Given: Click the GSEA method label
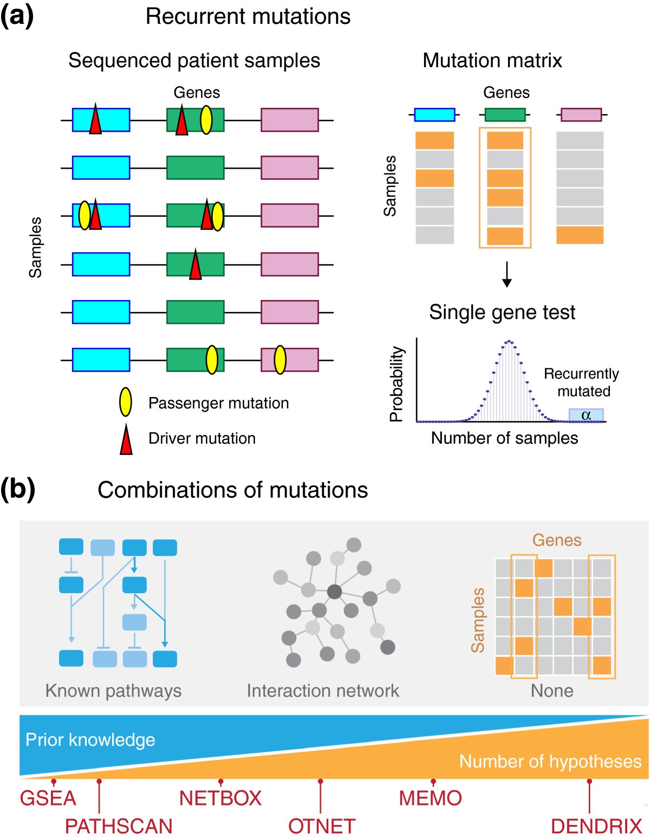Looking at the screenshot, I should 48,798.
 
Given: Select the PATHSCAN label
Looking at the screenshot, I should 119,826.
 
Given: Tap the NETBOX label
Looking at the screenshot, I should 220,798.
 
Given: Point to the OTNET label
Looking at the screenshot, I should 322,826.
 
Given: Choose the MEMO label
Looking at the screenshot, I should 430,798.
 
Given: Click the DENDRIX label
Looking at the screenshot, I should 596,826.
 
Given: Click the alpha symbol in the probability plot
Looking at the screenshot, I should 586,415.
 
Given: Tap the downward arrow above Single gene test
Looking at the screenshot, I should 506,274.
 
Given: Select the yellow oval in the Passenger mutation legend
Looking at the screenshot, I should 126,402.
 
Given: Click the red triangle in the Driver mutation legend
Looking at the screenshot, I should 126,439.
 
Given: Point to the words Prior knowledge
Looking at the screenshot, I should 90,739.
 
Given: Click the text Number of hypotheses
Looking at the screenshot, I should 550,761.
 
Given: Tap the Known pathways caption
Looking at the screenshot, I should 113,691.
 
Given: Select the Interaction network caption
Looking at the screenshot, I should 323,691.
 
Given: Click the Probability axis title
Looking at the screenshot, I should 397,384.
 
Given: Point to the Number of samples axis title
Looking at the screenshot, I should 504,438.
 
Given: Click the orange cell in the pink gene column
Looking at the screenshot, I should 580,235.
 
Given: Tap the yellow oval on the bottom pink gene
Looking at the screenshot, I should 280,360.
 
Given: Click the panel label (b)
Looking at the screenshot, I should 18,489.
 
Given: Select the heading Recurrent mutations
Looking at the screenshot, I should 248,16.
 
